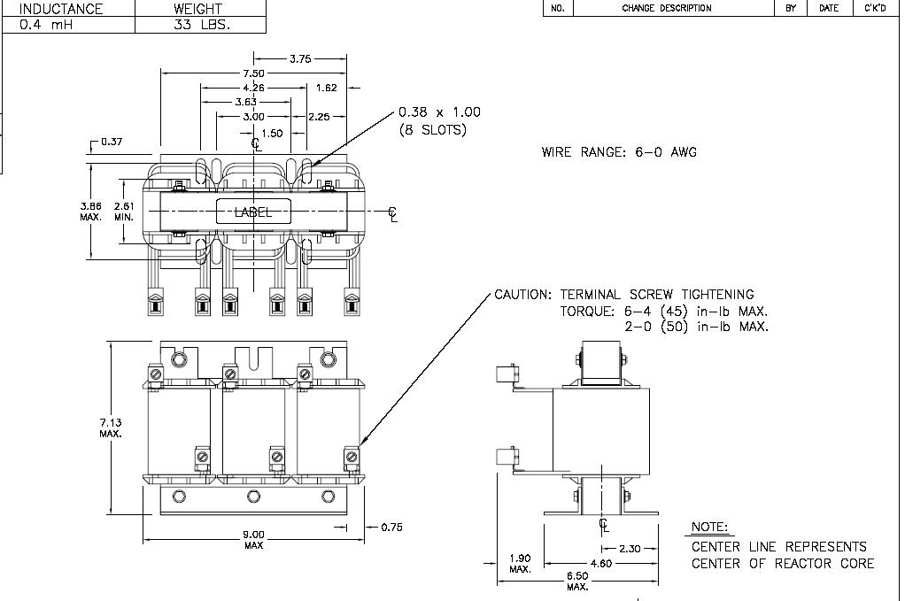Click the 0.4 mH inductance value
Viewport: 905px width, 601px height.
click(46, 25)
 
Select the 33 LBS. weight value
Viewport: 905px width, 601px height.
click(202, 25)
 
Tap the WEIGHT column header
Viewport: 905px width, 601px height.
click(197, 9)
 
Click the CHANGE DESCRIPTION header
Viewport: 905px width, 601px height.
click(667, 8)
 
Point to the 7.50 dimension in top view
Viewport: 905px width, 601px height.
click(253, 73)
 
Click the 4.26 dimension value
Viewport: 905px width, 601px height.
click(253, 88)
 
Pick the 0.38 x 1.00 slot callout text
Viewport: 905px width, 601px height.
click(439, 112)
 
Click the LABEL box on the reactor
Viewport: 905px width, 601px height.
click(253, 212)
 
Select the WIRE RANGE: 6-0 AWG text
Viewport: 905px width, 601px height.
click(619, 152)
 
